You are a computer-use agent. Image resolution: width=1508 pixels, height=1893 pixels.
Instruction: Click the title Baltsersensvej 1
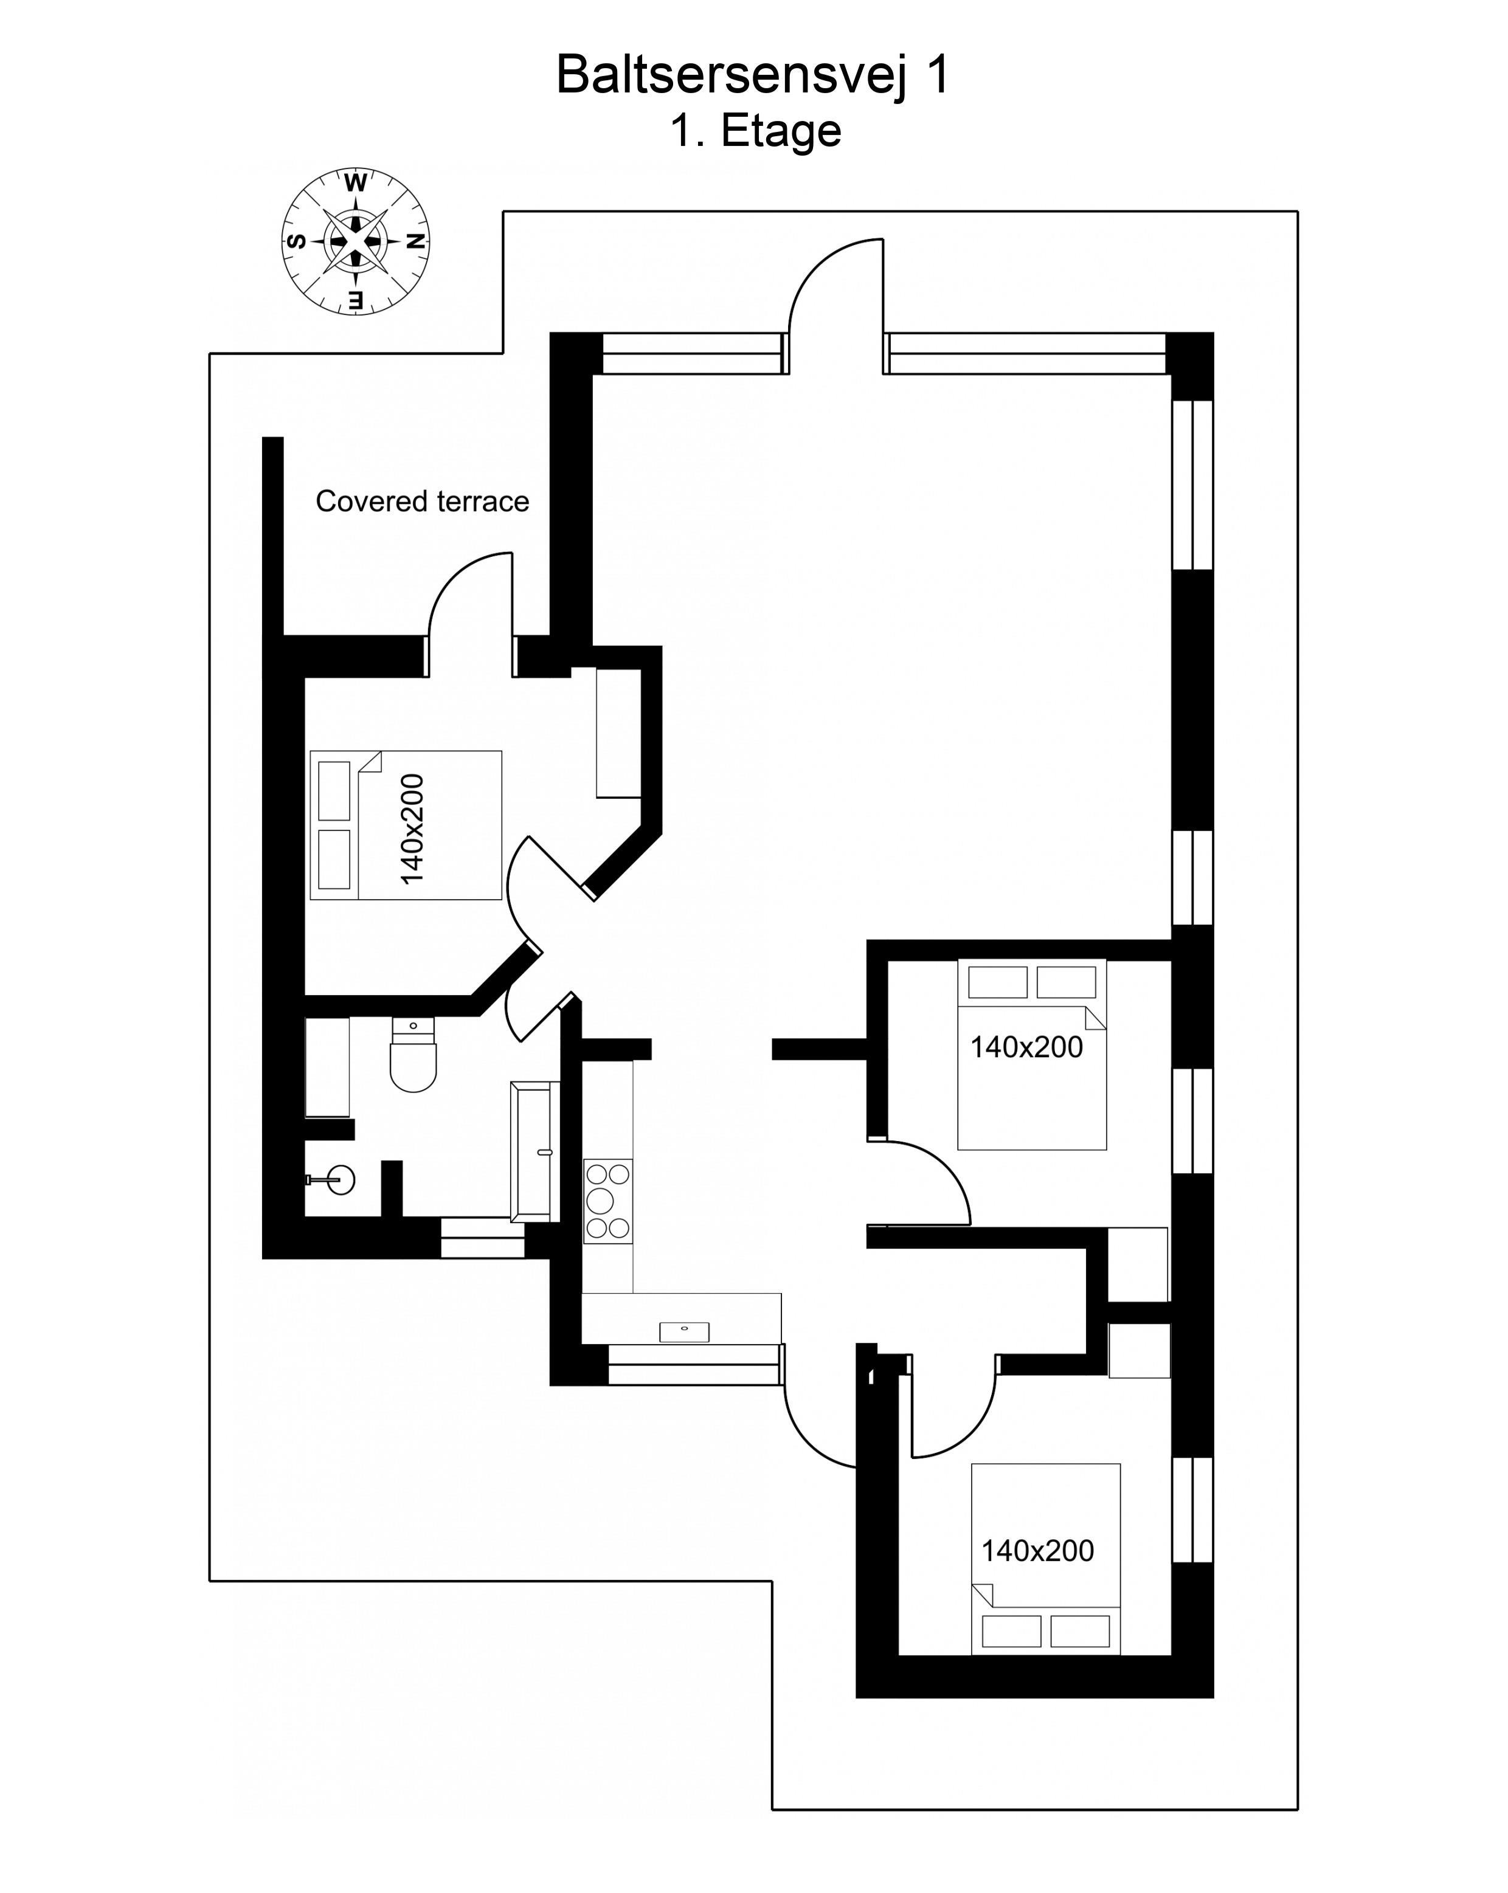tap(753, 75)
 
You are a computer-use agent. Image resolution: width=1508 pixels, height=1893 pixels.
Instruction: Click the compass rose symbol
tap(356, 241)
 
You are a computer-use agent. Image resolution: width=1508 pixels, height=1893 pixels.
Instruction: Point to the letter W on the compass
tap(356, 182)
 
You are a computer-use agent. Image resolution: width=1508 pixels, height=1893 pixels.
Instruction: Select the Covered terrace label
tap(423, 502)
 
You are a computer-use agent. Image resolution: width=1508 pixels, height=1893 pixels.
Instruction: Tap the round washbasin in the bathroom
tap(339, 1180)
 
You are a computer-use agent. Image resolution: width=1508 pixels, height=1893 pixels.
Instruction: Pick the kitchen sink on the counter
tap(684, 1332)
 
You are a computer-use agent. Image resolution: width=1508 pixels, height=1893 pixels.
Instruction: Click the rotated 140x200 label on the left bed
tap(412, 829)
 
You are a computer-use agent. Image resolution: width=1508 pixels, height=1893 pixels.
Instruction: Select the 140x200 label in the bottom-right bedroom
tap(1037, 1551)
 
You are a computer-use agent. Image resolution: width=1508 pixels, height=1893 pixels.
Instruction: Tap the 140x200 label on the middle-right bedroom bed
tap(1026, 1047)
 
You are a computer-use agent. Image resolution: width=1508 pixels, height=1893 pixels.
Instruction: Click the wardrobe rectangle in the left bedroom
tap(618, 733)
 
